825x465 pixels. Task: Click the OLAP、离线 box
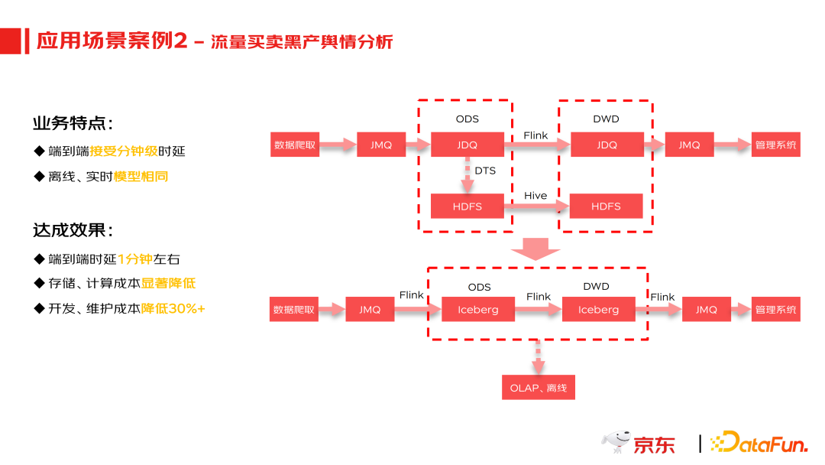(538, 388)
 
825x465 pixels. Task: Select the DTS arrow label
(485, 171)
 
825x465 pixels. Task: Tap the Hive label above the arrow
(535, 196)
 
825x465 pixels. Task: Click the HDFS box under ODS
(467, 206)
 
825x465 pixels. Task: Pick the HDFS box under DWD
(606, 206)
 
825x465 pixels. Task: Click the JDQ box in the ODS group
(467, 145)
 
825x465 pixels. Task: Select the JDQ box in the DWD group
(607, 145)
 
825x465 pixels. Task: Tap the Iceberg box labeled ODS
(478, 310)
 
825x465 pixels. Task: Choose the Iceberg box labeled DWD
(598, 310)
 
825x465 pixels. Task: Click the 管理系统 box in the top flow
(775, 145)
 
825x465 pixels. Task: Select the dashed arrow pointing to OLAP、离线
(538, 357)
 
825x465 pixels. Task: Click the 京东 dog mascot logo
(615, 441)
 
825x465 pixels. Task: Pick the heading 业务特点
(73, 124)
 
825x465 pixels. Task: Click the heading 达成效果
(73, 230)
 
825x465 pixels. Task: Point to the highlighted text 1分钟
(135, 259)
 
